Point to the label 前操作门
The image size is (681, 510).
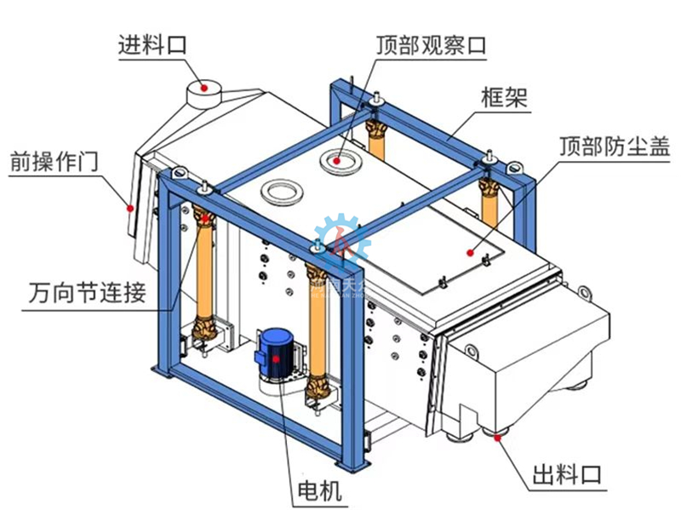53,159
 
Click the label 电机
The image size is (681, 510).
311,490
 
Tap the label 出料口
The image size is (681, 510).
568,474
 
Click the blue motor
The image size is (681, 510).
277,353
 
